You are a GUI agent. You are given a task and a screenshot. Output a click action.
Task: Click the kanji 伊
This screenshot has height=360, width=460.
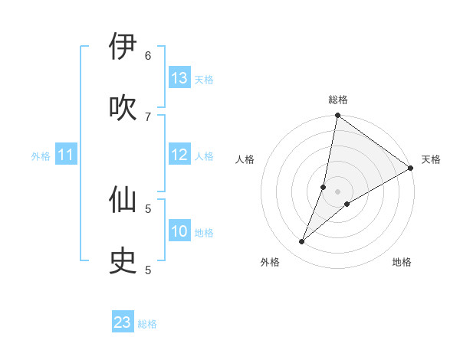[x=123, y=47]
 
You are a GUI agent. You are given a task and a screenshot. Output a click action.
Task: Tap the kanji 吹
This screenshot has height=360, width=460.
[x=123, y=106]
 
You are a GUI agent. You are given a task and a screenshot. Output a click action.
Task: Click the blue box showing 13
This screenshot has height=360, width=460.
[x=179, y=78]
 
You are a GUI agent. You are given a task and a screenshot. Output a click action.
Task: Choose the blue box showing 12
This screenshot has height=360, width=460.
[x=179, y=155]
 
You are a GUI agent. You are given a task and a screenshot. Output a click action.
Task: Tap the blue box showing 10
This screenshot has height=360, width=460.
[x=179, y=231]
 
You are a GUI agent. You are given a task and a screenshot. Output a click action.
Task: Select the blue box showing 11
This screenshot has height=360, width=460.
[x=66, y=155]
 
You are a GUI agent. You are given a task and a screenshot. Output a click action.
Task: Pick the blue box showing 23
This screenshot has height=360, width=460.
[x=123, y=322]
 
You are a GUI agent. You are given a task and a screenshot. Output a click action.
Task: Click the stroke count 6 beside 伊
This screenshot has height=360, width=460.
[x=148, y=55]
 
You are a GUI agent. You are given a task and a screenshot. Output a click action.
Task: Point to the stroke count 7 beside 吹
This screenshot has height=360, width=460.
[x=148, y=116]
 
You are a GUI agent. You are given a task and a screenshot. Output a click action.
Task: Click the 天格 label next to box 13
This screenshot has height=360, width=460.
[x=204, y=79]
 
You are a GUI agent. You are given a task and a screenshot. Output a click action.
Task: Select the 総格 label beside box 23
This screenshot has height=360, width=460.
[x=147, y=324]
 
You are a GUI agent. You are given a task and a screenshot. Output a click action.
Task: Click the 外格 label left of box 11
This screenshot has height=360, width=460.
[x=41, y=156]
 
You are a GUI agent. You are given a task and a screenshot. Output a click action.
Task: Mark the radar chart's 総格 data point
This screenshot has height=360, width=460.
[x=337, y=116]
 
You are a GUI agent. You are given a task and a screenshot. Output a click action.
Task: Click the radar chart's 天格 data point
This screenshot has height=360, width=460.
[x=411, y=169]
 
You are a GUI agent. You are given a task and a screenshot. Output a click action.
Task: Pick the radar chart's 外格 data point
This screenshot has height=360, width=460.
[x=301, y=242]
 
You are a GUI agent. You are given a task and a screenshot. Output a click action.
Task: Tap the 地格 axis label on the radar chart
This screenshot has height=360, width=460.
[x=402, y=262]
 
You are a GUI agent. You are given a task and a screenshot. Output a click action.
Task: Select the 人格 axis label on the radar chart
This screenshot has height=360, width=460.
[x=245, y=159]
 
